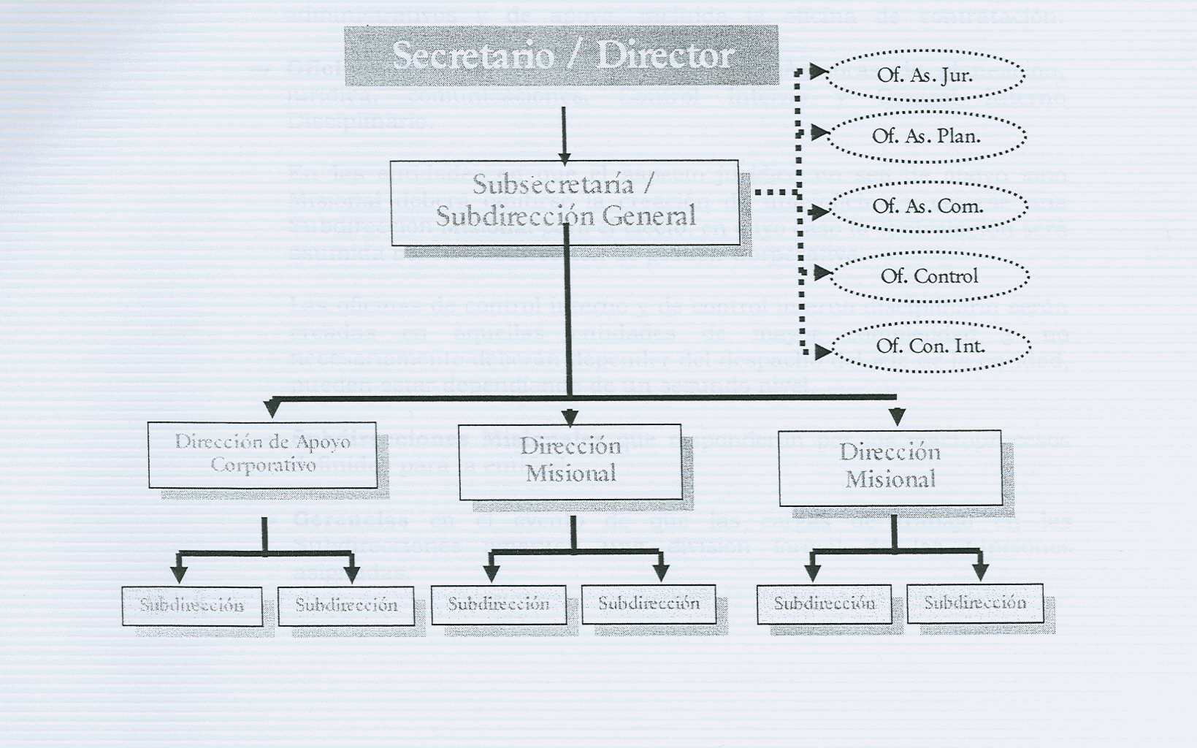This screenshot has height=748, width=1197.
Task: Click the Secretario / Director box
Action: (x=561, y=56)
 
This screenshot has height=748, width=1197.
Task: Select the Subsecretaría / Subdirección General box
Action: (x=564, y=202)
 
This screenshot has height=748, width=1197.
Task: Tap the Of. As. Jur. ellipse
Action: (x=925, y=75)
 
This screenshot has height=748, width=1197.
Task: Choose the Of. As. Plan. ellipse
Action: (x=926, y=136)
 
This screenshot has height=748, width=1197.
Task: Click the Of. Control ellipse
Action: (x=929, y=276)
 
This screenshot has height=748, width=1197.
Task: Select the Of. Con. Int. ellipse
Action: (x=930, y=346)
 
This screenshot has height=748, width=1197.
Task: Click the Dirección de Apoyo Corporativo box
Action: (x=263, y=454)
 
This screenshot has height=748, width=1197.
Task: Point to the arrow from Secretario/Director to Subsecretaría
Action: (x=564, y=136)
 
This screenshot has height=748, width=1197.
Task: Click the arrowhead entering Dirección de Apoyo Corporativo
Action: (x=272, y=410)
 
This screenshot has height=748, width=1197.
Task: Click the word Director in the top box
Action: (x=665, y=56)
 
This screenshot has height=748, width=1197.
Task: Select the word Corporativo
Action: (x=263, y=465)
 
